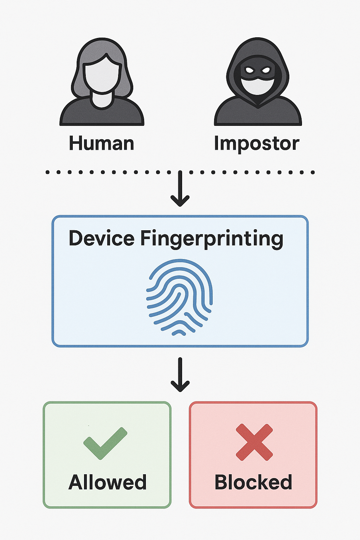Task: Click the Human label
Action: coord(101,143)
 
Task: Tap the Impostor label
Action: coord(257,144)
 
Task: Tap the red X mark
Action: coord(254,442)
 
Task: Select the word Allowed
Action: coord(107,482)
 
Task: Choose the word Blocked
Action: coord(253,482)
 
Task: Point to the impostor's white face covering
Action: coord(257,86)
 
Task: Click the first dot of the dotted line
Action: coord(47,172)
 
